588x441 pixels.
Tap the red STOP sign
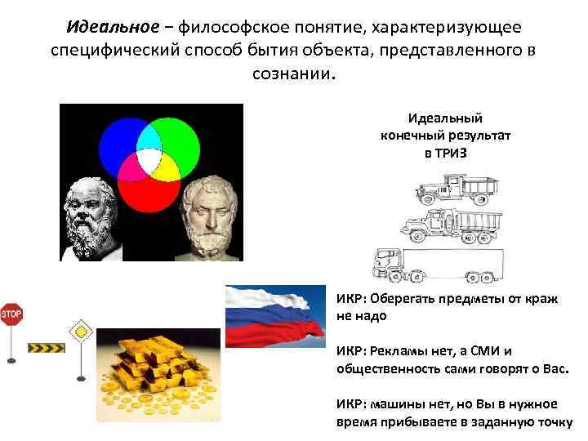(x=11, y=314)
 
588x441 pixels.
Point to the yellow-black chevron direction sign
(x=47, y=348)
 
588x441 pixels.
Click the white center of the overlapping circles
(x=149, y=159)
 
